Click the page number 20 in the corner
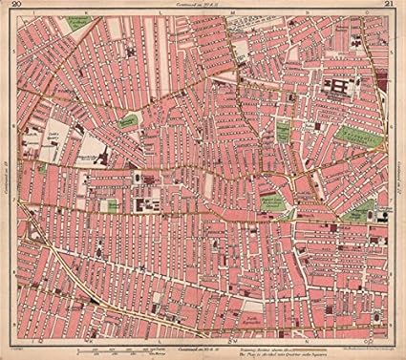tap(10, 9)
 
